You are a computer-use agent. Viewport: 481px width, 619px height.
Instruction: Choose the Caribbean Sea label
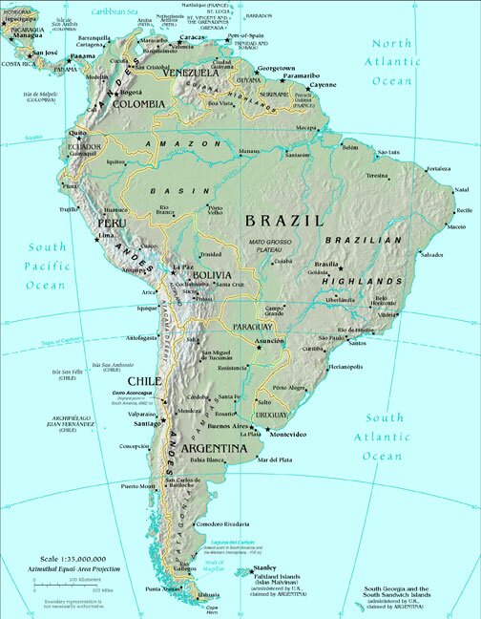click(x=109, y=11)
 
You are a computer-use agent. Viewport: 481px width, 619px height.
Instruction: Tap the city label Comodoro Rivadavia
click(x=220, y=524)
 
